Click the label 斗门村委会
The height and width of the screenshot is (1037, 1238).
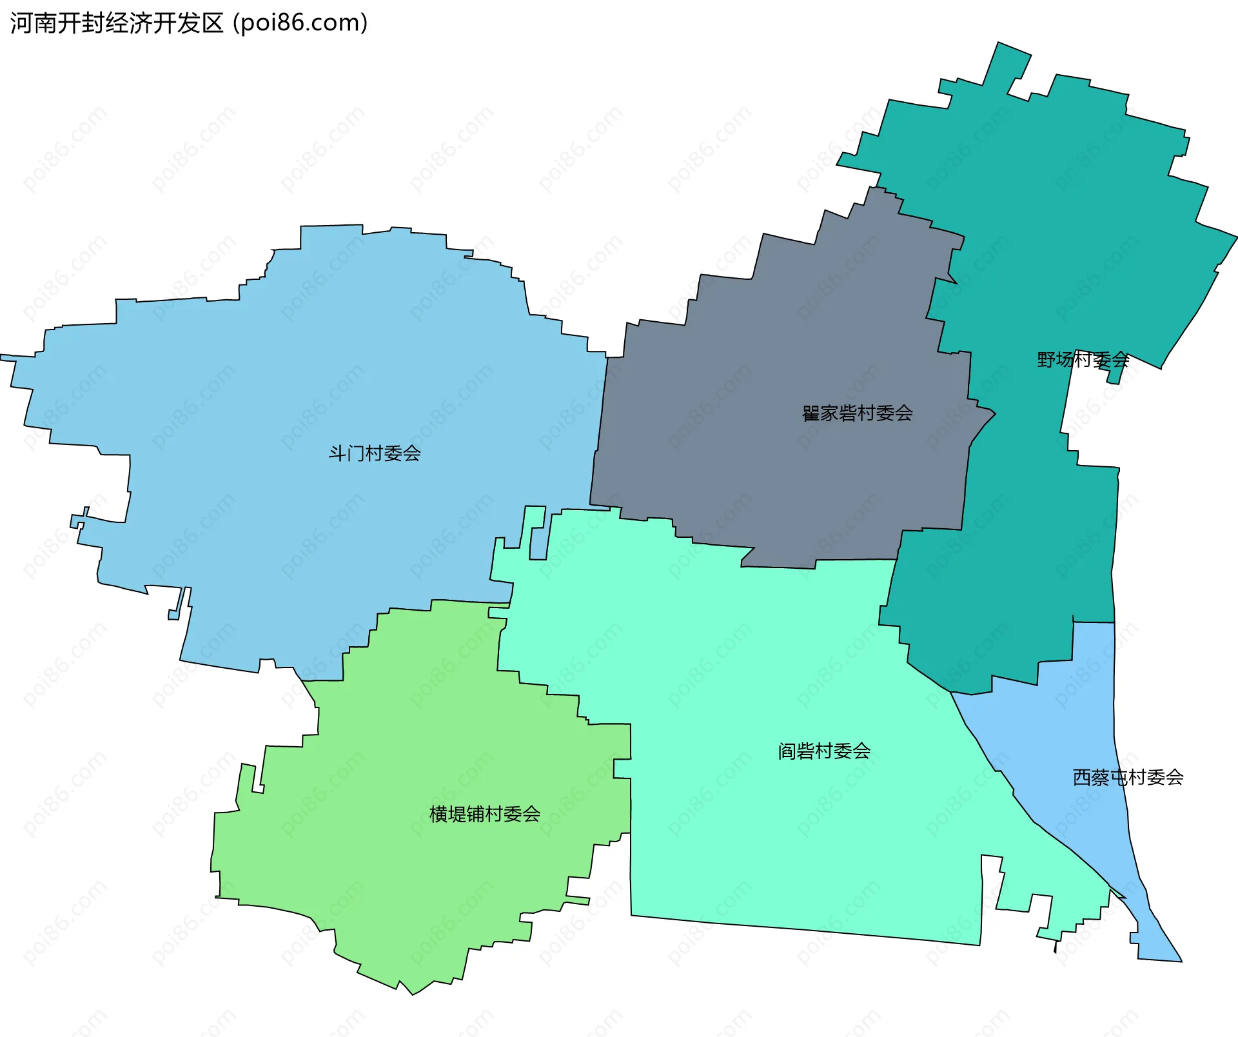point(375,453)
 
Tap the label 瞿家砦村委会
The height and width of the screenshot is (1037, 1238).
point(857,413)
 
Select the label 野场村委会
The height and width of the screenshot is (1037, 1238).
point(1083,360)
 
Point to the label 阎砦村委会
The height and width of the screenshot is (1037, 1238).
point(824,751)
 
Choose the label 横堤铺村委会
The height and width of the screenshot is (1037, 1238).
point(485,815)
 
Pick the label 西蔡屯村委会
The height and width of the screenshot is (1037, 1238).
point(1128,778)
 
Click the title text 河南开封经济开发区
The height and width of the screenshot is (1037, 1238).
point(117,23)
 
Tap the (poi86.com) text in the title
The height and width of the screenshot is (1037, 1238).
point(300,23)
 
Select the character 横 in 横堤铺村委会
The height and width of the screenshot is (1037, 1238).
point(439,815)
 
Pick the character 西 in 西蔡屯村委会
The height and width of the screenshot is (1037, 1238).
point(1082,778)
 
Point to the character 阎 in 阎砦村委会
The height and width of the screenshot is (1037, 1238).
point(787,751)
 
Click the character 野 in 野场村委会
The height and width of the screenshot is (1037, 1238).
point(1046,360)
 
